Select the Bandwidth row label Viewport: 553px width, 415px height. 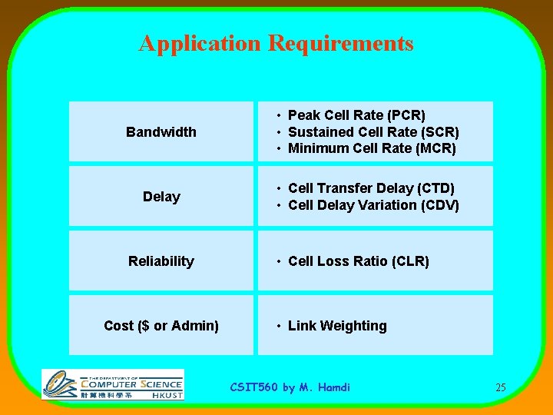pos(161,132)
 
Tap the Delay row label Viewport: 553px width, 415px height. pos(161,197)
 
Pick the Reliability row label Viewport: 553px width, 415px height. pos(161,261)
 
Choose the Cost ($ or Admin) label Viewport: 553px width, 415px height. pos(161,326)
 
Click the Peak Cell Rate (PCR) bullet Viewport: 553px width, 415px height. pos(356,115)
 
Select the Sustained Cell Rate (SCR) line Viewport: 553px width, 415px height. pos(373,132)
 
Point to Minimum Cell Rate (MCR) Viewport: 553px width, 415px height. pos(372,148)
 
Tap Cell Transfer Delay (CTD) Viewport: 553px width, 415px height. pos(371,188)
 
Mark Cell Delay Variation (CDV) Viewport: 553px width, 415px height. pos(373,205)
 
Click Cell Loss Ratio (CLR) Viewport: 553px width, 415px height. pos(358,261)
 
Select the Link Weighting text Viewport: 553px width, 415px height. pos(337,326)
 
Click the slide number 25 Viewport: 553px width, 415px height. pos(500,387)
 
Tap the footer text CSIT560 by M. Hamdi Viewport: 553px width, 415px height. pos(290,387)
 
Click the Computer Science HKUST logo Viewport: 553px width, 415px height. pos(113,384)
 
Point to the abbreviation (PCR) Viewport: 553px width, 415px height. pos(407,115)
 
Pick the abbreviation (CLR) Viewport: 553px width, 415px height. pos(410,261)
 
